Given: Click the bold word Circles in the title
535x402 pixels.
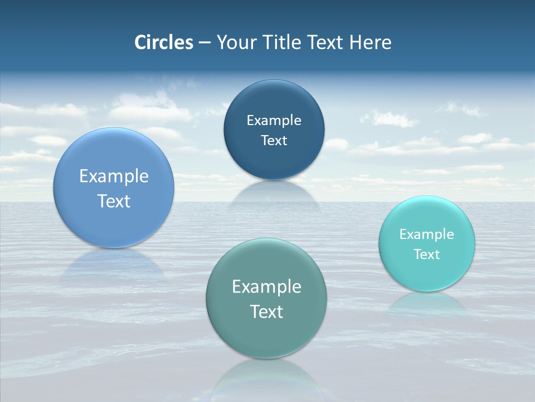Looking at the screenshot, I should click(163, 42).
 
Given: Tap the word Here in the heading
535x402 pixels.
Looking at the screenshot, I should click(370, 42).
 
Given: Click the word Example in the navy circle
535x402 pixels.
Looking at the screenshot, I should click(274, 120).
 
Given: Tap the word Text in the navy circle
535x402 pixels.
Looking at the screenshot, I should click(274, 141).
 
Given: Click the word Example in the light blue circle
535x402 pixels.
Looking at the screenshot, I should click(114, 176).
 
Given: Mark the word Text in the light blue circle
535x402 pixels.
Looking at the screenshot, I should click(114, 201).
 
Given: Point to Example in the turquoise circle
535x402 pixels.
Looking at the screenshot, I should click(427, 234).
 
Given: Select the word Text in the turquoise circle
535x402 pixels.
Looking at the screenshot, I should click(427, 255).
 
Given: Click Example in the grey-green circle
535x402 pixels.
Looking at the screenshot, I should click(266, 287).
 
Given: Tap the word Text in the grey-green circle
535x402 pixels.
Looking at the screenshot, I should click(266, 312).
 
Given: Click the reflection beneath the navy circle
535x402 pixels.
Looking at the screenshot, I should click(274, 193).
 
